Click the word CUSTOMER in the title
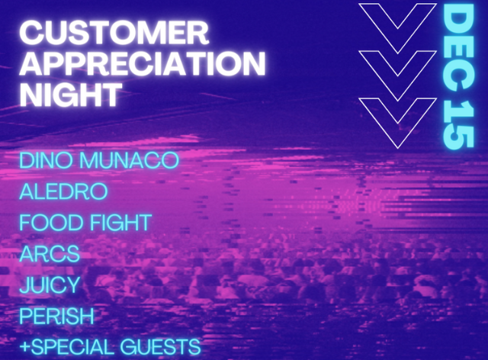click(x=114, y=33)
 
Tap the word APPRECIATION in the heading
click(x=143, y=63)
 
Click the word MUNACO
click(x=130, y=160)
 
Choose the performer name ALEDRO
click(x=63, y=191)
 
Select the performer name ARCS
click(x=50, y=253)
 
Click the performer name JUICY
click(x=50, y=284)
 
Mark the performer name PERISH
click(x=56, y=316)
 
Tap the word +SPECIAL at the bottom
click(x=67, y=347)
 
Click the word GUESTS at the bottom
click(x=161, y=347)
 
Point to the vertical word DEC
click(x=458, y=47)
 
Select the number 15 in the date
click(x=458, y=124)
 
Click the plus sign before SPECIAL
click(x=25, y=347)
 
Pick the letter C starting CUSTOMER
click(x=31, y=33)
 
